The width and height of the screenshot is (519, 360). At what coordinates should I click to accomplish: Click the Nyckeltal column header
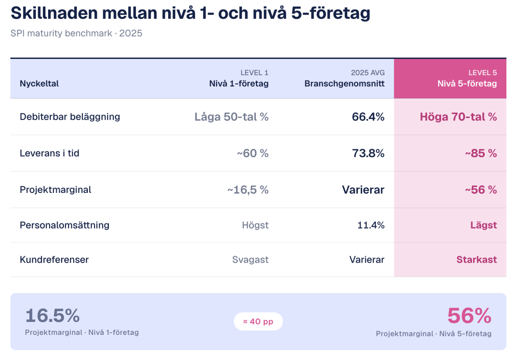coord(39,84)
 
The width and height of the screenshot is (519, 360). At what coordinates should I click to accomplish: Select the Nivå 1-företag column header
coord(239,84)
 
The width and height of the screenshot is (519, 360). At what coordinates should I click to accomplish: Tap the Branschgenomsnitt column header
coord(345,84)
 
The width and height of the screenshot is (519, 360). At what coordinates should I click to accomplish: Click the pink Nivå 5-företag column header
coord(467,84)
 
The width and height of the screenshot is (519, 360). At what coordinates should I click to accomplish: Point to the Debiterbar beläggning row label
coord(70,117)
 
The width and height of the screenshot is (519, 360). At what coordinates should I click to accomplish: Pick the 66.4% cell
coord(368,117)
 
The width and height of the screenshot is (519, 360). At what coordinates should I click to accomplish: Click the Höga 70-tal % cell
coord(458,117)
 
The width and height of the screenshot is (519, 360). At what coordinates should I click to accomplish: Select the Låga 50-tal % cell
coord(232,117)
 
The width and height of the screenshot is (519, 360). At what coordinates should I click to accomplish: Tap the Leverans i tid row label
coord(50,153)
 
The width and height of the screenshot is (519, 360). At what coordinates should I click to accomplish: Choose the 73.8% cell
coord(368,153)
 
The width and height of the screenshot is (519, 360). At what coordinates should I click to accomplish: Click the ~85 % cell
coord(481,153)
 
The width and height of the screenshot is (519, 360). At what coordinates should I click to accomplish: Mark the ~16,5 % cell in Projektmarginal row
coord(248,190)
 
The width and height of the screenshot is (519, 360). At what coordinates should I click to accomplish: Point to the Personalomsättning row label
coord(65,225)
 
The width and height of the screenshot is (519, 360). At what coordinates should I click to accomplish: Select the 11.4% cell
coord(371,225)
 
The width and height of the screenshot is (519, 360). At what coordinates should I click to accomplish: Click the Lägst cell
coord(483,225)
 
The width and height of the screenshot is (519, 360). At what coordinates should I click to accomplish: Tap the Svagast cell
coord(250,260)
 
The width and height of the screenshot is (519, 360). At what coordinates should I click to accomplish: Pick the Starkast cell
coord(476,260)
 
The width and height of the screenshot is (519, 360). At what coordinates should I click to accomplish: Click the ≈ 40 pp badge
coord(258,321)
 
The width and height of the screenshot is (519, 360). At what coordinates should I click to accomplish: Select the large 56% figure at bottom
coord(469,316)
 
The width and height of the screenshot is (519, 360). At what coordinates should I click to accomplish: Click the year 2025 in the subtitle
coord(131,33)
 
